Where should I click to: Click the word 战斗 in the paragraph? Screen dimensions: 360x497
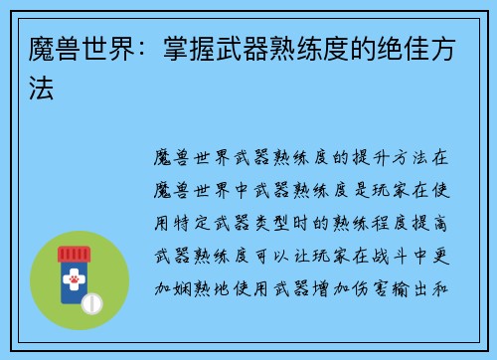[x=389, y=241]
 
